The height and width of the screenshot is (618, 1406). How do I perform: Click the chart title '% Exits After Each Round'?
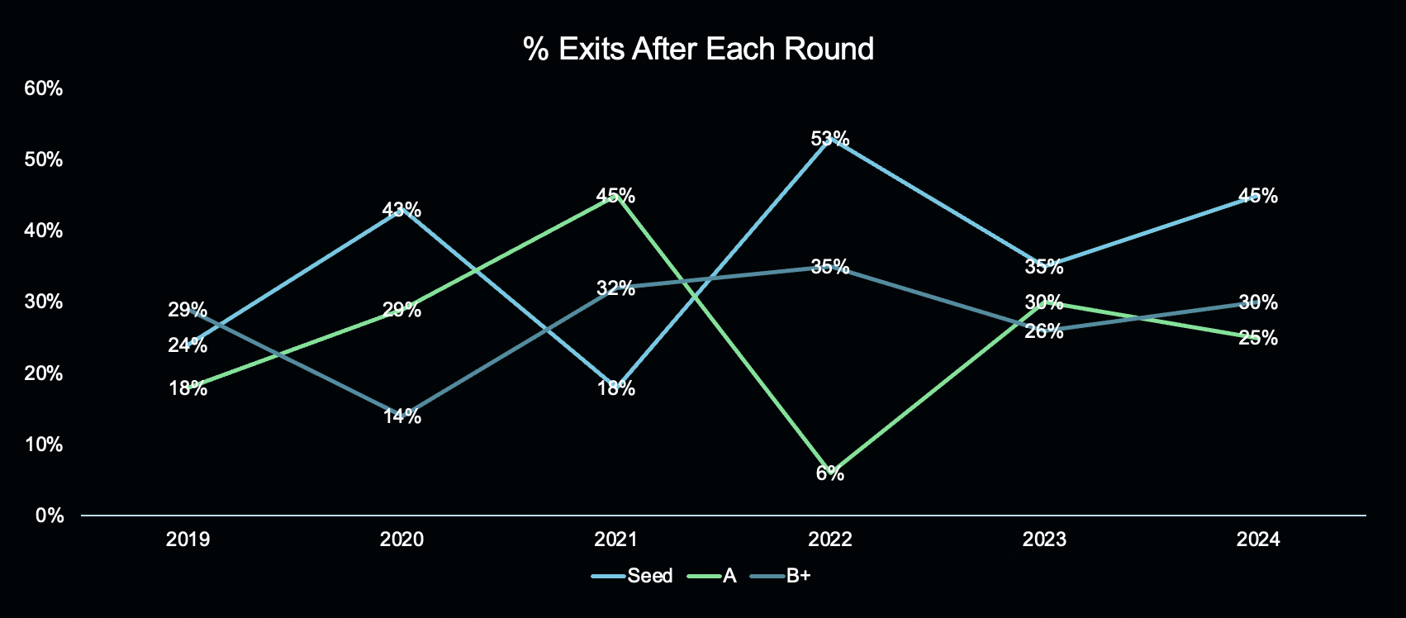pos(698,49)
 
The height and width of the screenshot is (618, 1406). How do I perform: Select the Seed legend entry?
pos(632,575)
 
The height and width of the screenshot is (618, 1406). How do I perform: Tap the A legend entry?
pos(712,575)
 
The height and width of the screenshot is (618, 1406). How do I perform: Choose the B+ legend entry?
pos(781,575)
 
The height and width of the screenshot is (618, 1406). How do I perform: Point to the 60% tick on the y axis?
pos(43,88)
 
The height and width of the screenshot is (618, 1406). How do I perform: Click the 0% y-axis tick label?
pos(50,516)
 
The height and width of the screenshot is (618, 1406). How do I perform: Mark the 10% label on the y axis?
pos(43,444)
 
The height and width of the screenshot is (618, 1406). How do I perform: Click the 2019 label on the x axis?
pos(188,540)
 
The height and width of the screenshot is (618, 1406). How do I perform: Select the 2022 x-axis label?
pos(829,540)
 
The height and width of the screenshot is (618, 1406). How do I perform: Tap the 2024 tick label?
pos(1258,540)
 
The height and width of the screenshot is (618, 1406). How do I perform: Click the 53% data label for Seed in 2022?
pos(829,138)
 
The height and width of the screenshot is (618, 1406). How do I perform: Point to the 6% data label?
pos(829,473)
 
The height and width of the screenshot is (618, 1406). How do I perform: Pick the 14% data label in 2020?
pos(401,416)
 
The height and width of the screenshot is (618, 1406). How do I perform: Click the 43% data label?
pos(401,209)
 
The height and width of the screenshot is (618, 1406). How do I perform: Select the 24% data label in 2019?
pos(188,345)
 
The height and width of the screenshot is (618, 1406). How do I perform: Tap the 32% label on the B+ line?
pos(615,288)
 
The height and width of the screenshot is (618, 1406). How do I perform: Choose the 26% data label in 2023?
pos(1044,331)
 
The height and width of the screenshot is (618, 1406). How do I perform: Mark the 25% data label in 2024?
pos(1258,338)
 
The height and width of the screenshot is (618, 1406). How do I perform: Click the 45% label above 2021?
pos(615,195)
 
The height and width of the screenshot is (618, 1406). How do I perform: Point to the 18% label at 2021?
pos(615,388)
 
